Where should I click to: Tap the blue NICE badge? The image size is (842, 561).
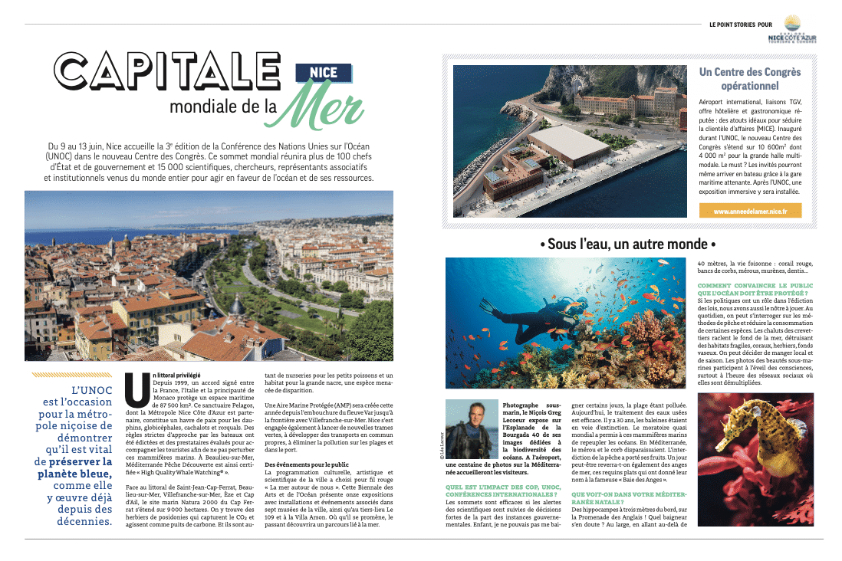[x=323, y=74]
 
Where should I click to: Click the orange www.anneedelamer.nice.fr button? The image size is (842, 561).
[x=750, y=211]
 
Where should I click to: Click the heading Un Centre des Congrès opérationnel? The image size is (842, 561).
[x=749, y=79]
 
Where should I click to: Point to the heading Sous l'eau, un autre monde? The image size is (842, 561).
[x=627, y=244]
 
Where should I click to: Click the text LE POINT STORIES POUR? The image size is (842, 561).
[x=740, y=25]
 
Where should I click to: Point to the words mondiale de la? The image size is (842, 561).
[x=223, y=106]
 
